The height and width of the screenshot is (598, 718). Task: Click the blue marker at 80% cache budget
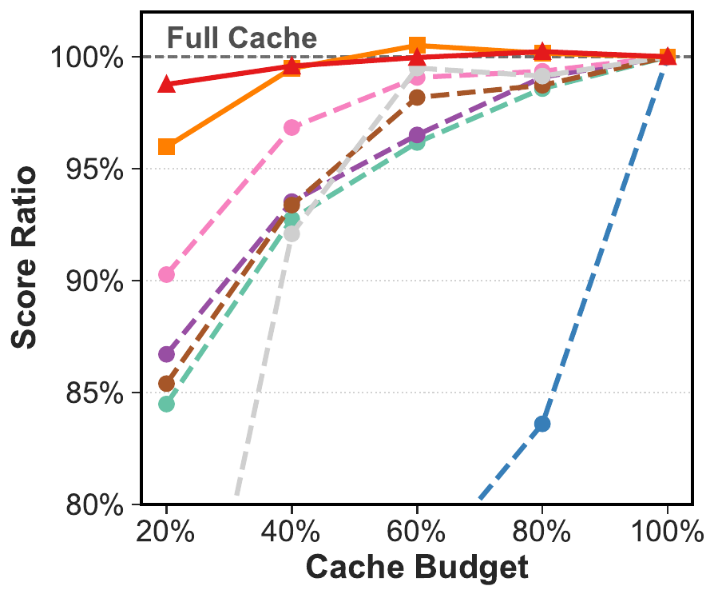click(542, 424)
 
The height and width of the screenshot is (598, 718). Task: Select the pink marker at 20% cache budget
click(167, 274)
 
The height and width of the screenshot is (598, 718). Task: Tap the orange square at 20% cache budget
click(167, 146)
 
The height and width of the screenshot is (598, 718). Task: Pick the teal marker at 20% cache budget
click(167, 404)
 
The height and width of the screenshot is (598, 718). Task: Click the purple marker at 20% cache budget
click(167, 354)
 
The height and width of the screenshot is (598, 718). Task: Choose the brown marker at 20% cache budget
click(167, 384)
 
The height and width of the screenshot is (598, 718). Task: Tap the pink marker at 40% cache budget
click(292, 127)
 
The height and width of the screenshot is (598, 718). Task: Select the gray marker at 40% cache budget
click(292, 233)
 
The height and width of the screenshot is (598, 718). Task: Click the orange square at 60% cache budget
click(417, 45)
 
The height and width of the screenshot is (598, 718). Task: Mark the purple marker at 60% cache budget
click(417, 135)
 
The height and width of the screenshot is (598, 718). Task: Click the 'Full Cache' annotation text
click(241, 38)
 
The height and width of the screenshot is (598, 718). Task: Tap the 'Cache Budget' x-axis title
click(417, 567)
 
